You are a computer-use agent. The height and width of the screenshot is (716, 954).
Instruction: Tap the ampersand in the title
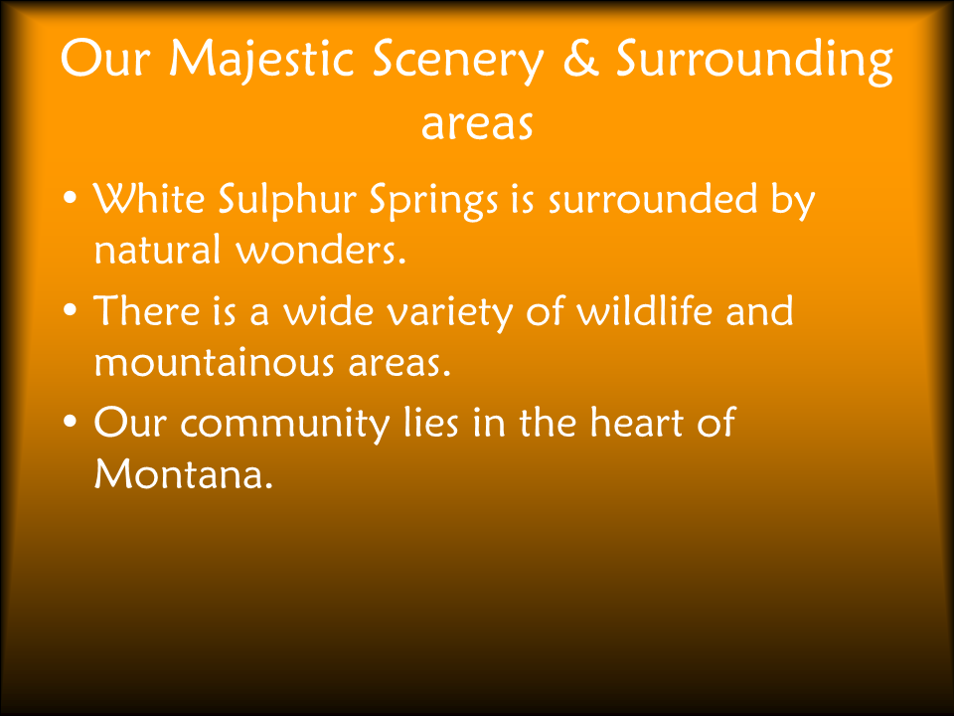pos(581,59)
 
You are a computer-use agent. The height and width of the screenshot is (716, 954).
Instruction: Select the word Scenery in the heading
pos(457,62)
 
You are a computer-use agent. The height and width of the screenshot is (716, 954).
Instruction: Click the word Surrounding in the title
pos(754,61)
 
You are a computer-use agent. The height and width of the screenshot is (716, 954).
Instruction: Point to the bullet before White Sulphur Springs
pos(71,198)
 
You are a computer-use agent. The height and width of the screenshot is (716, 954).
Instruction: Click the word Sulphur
pos(287,200)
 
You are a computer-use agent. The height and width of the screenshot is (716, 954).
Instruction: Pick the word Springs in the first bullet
pos(434,202)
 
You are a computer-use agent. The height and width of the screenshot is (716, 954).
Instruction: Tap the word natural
pos(157,249)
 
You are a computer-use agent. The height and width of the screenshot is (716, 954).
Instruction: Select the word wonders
pos(321,251)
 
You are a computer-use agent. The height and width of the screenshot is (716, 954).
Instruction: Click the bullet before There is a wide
pos(71,310)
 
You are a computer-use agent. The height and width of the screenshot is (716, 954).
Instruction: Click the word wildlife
pos(644,309)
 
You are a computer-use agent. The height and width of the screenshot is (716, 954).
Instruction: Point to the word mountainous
pos(215,362)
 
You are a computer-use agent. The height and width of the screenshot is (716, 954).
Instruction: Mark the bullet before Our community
pos(71,422)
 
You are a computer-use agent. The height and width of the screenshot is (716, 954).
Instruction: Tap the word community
pos(285,425)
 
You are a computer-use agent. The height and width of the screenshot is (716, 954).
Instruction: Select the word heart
pos(636,422)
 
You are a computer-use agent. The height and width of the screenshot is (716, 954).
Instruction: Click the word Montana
pos(183,473)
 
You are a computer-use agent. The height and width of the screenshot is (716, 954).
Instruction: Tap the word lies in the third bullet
pos(430,422)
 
